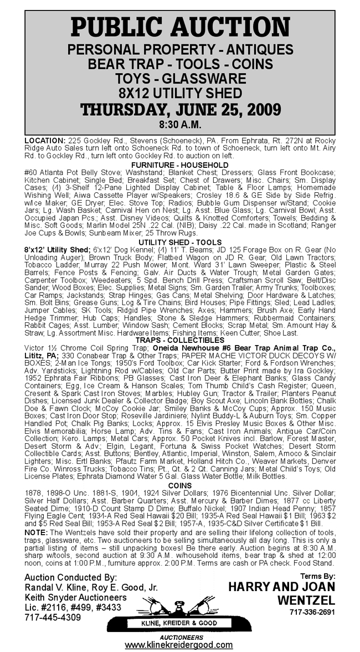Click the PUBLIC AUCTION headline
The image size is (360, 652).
pyautogui.click(x=180, y=27)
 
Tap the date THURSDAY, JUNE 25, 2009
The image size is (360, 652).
pyautogui.click(x=180, y=109)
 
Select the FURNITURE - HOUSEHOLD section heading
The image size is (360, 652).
pyautogui.click(x=180, y=165)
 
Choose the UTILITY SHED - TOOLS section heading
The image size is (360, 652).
pyautogui.click(x=180, y=243)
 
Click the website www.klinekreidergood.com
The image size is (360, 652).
pyautogui.click(x=178, y=645)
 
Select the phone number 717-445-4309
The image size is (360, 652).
pyautogui.click(x=53, y=617)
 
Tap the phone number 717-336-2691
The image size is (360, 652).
pyautogui.click(x=312, y=613)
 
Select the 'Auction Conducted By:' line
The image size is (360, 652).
pyautogui.click(x=71, y=577)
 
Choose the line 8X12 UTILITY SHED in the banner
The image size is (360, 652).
pyautogui.click(x=180, y=93)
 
